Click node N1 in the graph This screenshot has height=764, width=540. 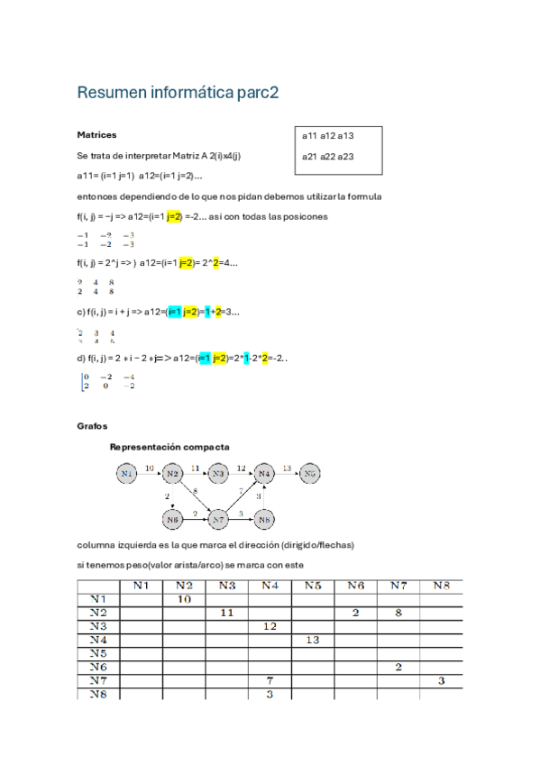click(x=127, y=472)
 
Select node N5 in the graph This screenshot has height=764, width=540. click(x=310, y=472)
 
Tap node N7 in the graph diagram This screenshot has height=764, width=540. click(x=218, y=519)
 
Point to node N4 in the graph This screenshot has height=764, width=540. click(x=264, y=472)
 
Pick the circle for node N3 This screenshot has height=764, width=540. click(x=218, y=472)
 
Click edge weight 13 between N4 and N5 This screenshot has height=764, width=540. click(x=287, y=468)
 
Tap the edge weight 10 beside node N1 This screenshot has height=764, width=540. click(x=150, y=468)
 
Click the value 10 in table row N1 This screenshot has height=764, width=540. click(x=183, y=599)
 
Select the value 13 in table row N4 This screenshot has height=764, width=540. click(x=313, y=640)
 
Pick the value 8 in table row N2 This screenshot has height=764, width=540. click(x=398, y=613)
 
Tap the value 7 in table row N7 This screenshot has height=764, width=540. click(x=270, y=680)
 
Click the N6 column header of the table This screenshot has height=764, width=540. click(x=355, y=586)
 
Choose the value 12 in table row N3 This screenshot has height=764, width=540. click(x=270, y=626)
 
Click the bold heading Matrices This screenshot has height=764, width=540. click(x=96, y=135)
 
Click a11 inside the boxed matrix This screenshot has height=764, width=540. click(x=308, y=136)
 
